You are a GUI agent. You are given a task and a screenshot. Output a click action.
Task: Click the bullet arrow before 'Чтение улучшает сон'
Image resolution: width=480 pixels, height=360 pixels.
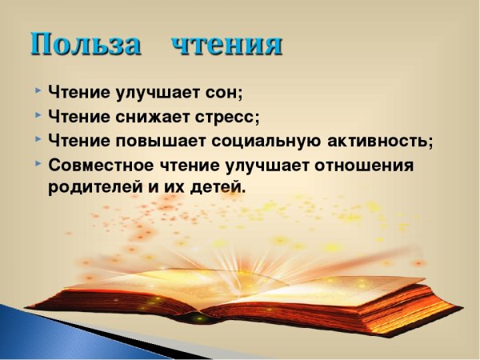click(38, 90)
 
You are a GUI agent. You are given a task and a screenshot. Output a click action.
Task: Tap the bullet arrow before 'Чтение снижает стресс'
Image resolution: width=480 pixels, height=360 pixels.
click(38, 115)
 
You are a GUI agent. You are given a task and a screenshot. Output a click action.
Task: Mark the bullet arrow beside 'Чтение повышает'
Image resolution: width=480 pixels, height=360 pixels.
click(38, 140)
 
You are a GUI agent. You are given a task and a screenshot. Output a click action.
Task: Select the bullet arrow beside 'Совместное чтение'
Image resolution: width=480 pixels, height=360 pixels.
click(38, 165)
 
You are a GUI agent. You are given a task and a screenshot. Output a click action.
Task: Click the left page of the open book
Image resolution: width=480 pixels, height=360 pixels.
click(160, 284)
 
